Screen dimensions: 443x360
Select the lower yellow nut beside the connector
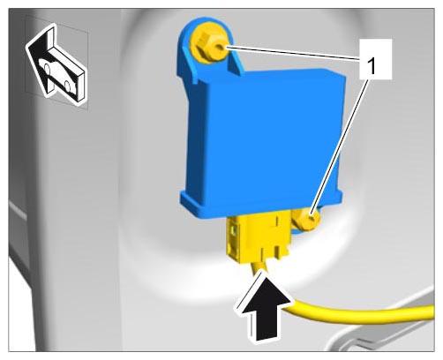click(307, 220)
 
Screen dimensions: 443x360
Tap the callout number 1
click(372, 66)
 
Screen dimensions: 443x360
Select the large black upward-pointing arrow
click(264, 307)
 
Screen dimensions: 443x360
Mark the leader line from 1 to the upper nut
click(294, 53)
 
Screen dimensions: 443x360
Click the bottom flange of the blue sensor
click(262, 203)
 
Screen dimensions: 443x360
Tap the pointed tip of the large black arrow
click(261, 270)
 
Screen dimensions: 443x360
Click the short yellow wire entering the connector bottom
click(259, 267)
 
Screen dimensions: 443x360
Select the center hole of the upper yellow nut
click(220, 47)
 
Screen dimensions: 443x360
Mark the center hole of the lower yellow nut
click(312, 219)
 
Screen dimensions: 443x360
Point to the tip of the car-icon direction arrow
click(27, 46)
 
